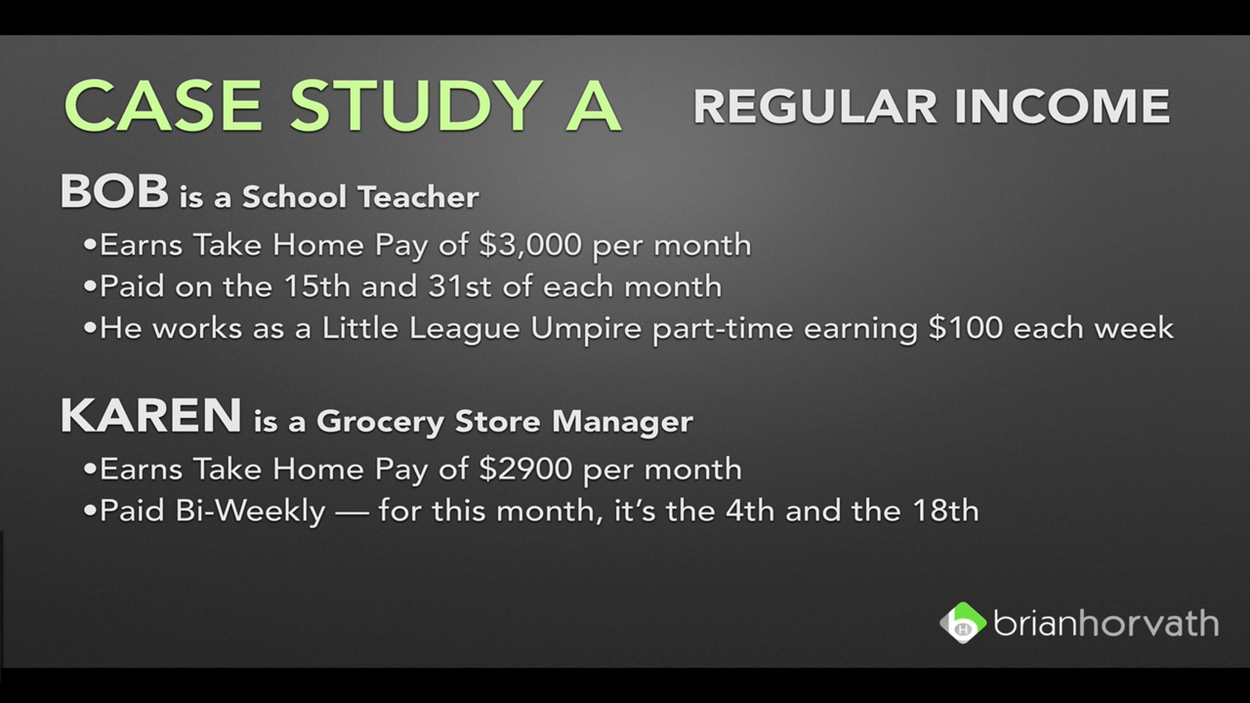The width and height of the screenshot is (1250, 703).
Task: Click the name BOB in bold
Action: tap(115, 191)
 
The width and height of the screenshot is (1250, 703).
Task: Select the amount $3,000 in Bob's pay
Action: tap(530, 245)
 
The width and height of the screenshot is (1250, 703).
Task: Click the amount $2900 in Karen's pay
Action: tap(526, 469)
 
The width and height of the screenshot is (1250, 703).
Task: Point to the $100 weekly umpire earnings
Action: tap(966, 328)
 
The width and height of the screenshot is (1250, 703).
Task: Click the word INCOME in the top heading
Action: tap(1062, 107)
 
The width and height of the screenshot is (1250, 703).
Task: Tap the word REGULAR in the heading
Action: tap(815, 107)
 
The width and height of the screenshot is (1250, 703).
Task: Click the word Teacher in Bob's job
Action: tap(418, 197)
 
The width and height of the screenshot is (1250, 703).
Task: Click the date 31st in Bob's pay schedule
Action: tap(460, 286)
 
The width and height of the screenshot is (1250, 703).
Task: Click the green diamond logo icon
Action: tap(963, 623)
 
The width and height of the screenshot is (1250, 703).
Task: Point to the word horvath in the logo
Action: tap(1148, 623)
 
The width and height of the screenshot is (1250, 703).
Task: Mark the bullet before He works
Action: tap(90, 328)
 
